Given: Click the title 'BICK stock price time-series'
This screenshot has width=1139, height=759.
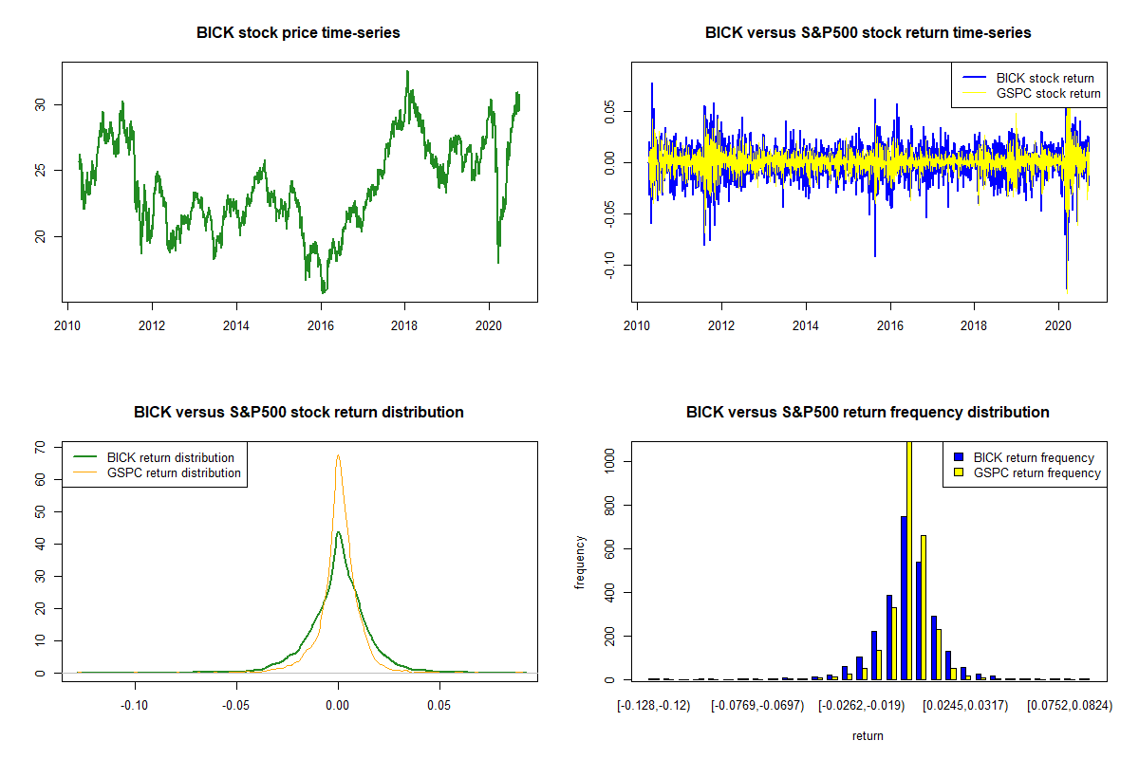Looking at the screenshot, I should [x=298, y=33].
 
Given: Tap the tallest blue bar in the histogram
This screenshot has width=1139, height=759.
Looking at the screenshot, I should [x=903, y=598].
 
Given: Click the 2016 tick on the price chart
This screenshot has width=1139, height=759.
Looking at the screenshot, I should [x=321, y=307].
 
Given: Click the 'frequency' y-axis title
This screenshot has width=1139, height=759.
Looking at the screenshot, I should [x=581, y=563].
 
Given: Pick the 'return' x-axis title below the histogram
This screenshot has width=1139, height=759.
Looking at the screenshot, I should [x=868, y=735].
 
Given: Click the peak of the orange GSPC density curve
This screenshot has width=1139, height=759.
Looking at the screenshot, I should [x=338, y=456].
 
